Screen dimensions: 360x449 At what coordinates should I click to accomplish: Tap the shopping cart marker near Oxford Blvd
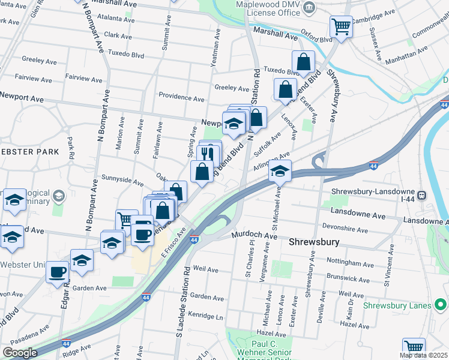[341, 26]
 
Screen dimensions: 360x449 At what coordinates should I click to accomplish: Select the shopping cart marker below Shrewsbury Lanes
[414, 347]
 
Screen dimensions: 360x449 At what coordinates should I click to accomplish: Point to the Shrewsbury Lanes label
[397, 305]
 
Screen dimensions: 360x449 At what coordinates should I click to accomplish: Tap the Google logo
[20, 352]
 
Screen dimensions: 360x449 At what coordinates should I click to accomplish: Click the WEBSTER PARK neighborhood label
[30, 151]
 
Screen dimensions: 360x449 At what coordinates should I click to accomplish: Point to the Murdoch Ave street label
[255, 236]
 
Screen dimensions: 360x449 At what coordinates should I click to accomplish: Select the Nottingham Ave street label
[350, 263]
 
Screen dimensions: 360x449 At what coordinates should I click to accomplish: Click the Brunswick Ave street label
[348, 279]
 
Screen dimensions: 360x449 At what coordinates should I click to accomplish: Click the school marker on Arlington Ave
[280, 171]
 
